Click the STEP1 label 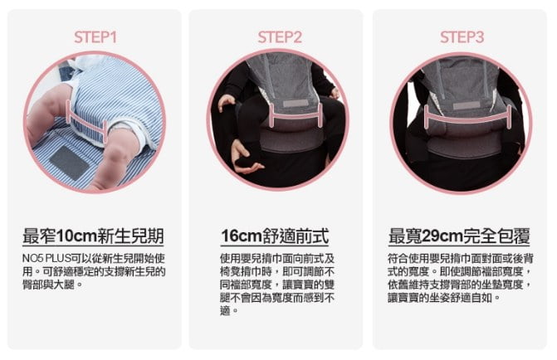[95, 37]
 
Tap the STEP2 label [280, 37]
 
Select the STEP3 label [462, 37]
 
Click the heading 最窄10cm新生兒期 [93, 236]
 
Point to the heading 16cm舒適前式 [275, 236]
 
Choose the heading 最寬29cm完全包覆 [459, 236]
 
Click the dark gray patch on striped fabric [69, 163]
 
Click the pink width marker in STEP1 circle [86, 123]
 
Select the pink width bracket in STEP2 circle [296, 116]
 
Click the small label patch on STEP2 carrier [296, 104]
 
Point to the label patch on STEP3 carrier [467, 106]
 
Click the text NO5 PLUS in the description [46, 259]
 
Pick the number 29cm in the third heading [443, 236]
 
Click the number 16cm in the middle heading [242, 236]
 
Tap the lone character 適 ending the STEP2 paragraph [225, 311]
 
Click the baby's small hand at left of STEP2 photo [227, 102]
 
